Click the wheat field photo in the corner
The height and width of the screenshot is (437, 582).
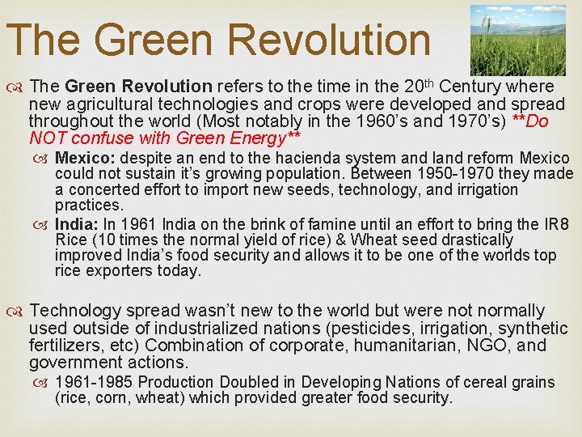tap(518, 40)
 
